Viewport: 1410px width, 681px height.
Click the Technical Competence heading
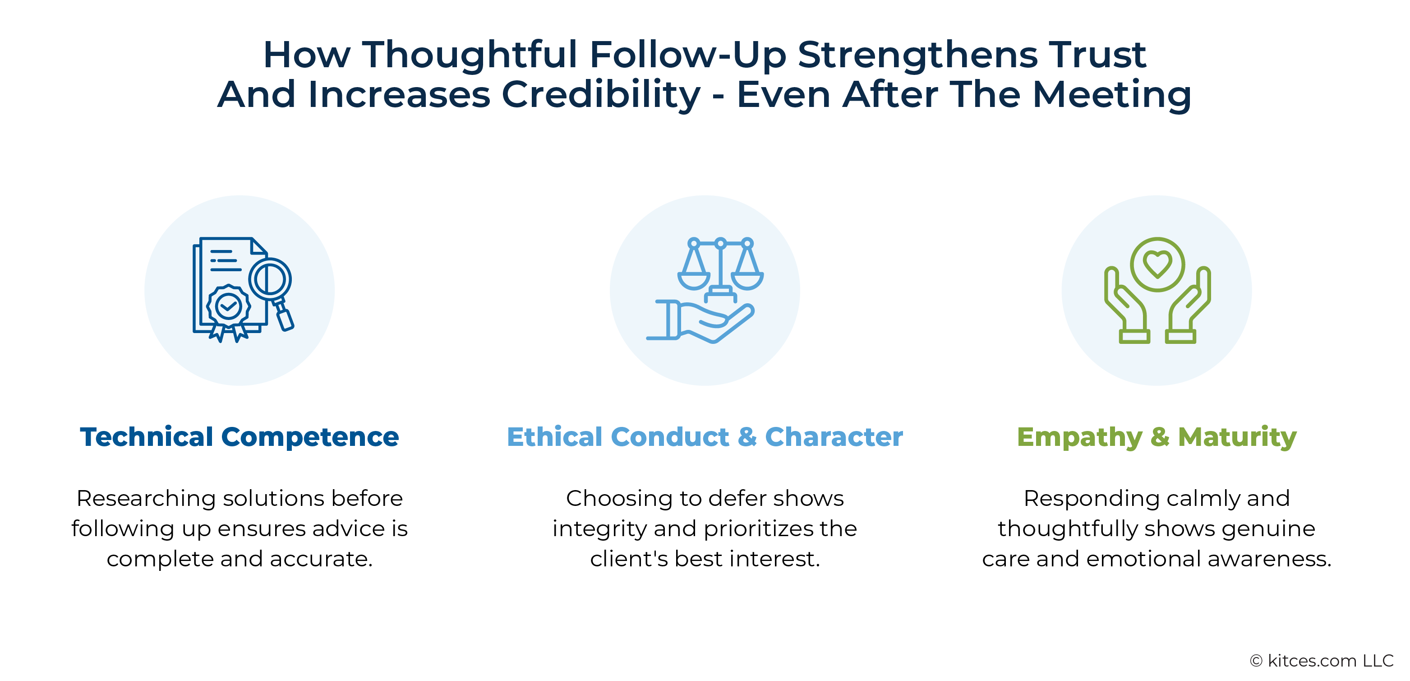[239, 437]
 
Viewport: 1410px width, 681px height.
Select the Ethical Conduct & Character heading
[705, 437]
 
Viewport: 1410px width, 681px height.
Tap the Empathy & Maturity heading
[1157, 437]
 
